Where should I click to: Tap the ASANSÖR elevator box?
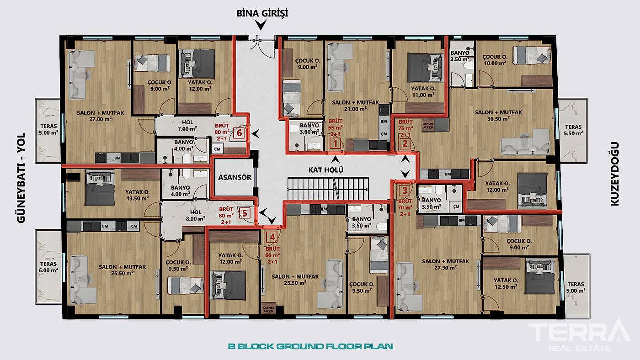[234, 177]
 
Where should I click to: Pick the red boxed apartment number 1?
[335, 144]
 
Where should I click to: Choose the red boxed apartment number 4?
[272, 237]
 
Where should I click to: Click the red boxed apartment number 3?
[404, 191]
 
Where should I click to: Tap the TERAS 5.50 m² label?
[573, 130]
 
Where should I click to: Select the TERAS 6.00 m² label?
[48, 267]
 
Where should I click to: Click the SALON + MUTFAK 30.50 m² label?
[498, 115]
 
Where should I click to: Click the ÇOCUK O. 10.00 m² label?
[495, 60]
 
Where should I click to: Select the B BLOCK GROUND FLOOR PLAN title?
[310, 346]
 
